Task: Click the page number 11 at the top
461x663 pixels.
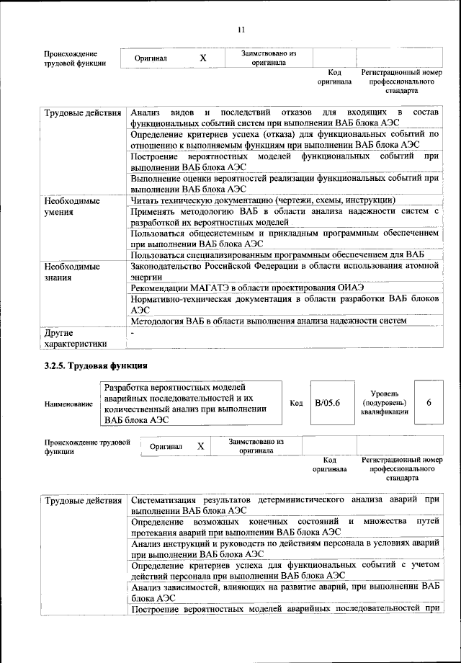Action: click(241, 29)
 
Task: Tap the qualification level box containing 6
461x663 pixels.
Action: click(429, 403)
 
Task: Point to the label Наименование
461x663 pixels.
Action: click(68, 405)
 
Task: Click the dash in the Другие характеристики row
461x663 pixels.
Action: click(132, 332)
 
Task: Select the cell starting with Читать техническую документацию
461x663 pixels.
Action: click(262, 200)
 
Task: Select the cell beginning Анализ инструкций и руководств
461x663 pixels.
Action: click(285, 549)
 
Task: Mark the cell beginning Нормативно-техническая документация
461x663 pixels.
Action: click(285, 302)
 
